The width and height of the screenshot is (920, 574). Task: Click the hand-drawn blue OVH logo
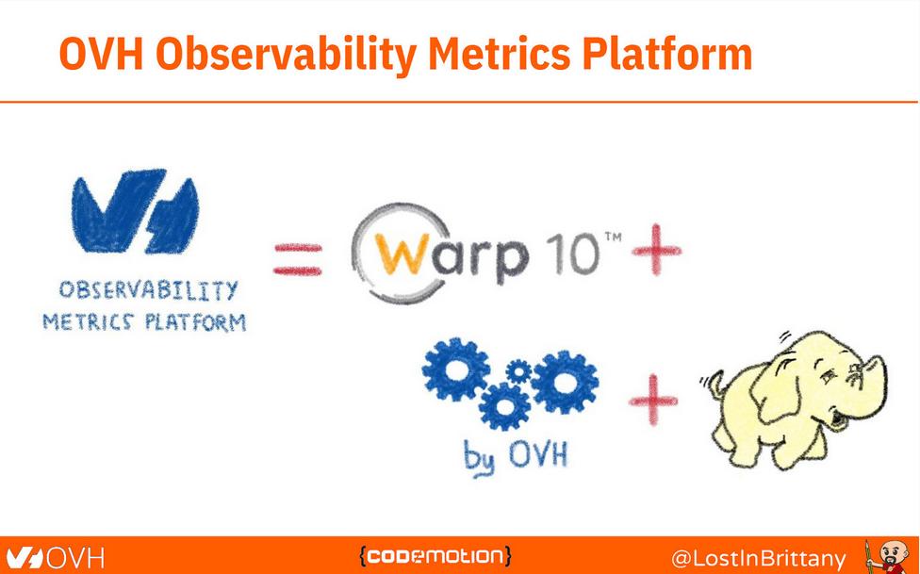[134, 211]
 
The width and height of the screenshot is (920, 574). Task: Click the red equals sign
[297, 257]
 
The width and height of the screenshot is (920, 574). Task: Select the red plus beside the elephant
[653, 401]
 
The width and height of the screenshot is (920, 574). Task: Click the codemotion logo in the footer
[435, 555]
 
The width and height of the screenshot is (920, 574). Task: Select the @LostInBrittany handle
[758, 557]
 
